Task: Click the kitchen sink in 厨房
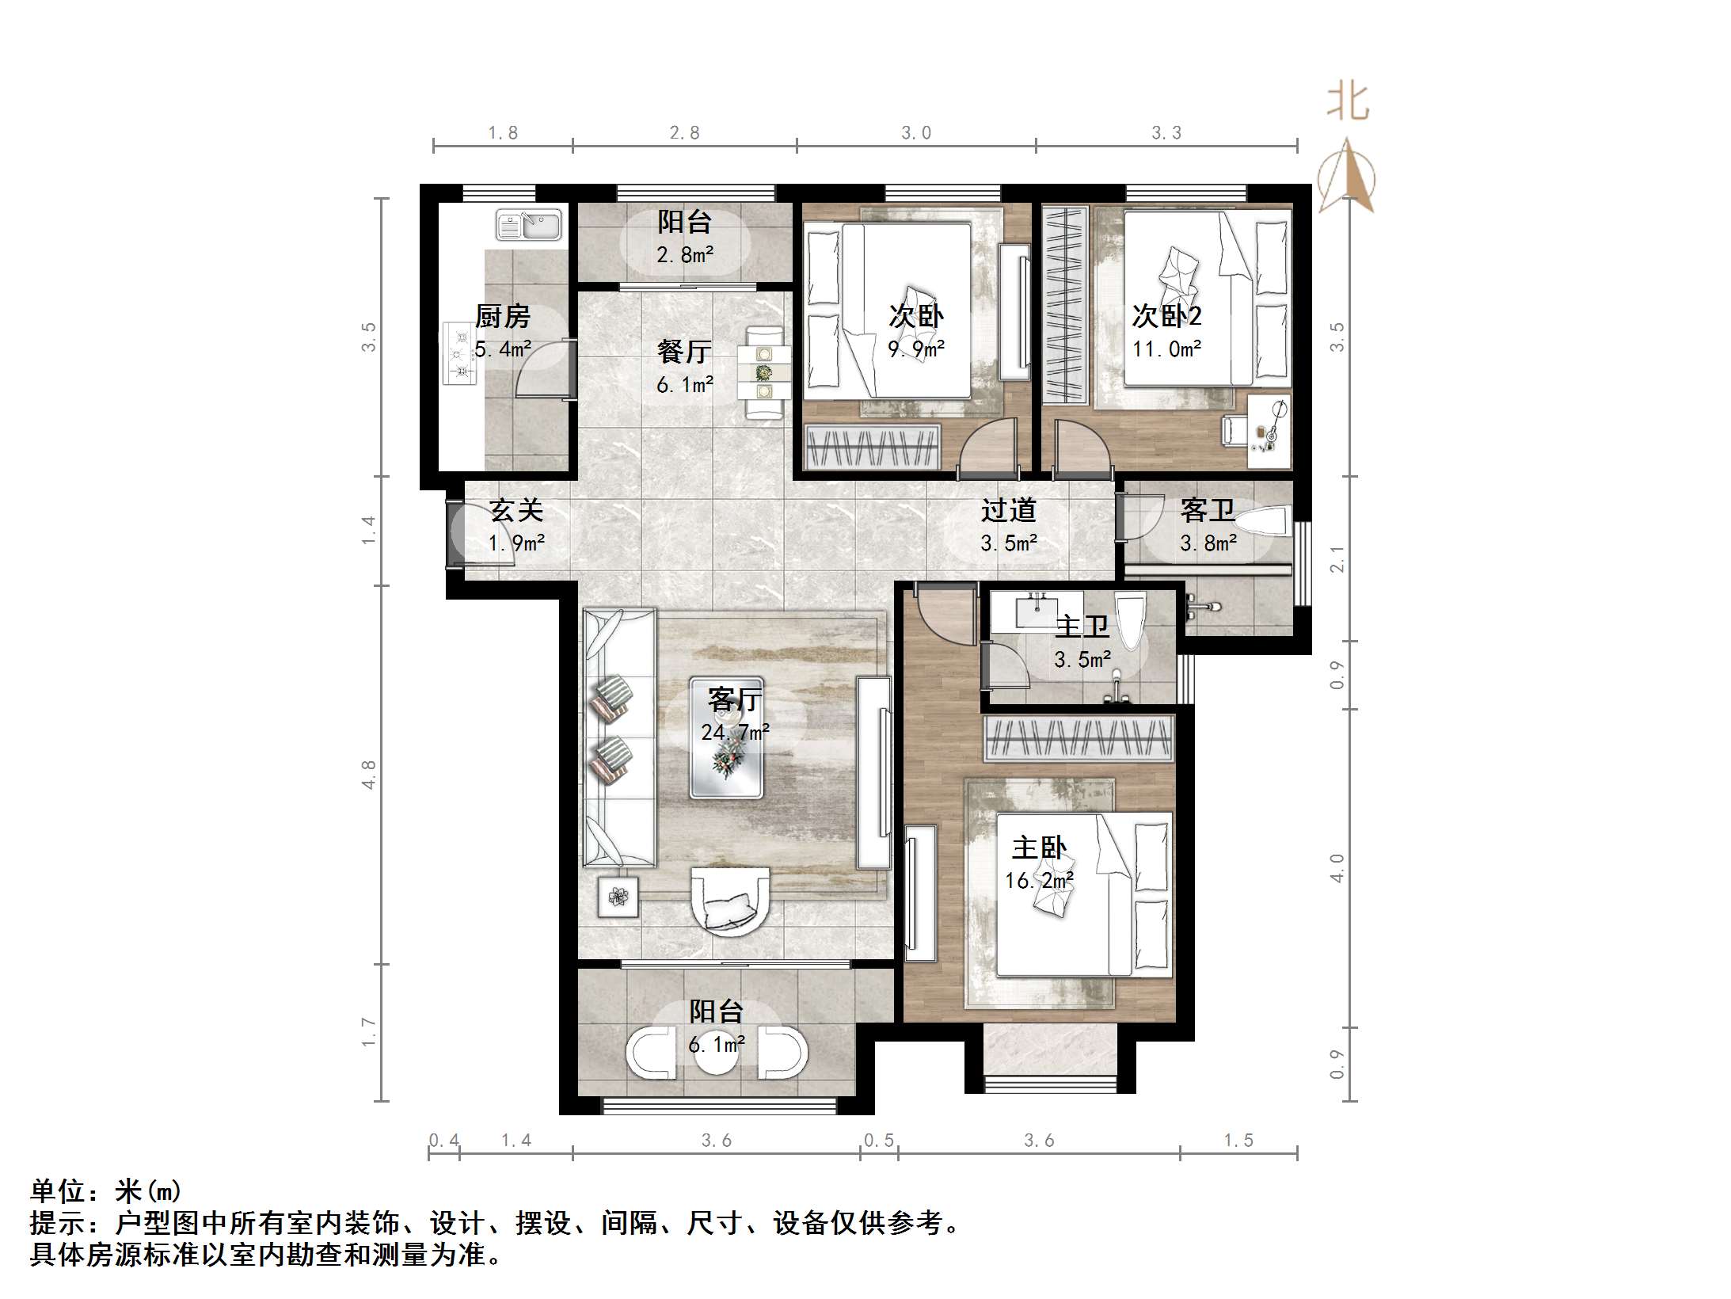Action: (528, 225)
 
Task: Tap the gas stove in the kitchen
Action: (459, 353)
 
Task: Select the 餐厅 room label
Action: (684, 351)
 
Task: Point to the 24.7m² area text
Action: (734, 733)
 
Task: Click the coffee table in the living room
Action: (726, 737)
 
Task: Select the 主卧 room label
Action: (1039, 848)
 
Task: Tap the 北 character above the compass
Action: (1347, 103)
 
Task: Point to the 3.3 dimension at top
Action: (1166, 133)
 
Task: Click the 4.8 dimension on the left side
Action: (368, 774)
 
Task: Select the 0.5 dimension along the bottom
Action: (878, 1140)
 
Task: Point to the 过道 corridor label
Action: (1008, 510)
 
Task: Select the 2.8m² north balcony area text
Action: (684, 255)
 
